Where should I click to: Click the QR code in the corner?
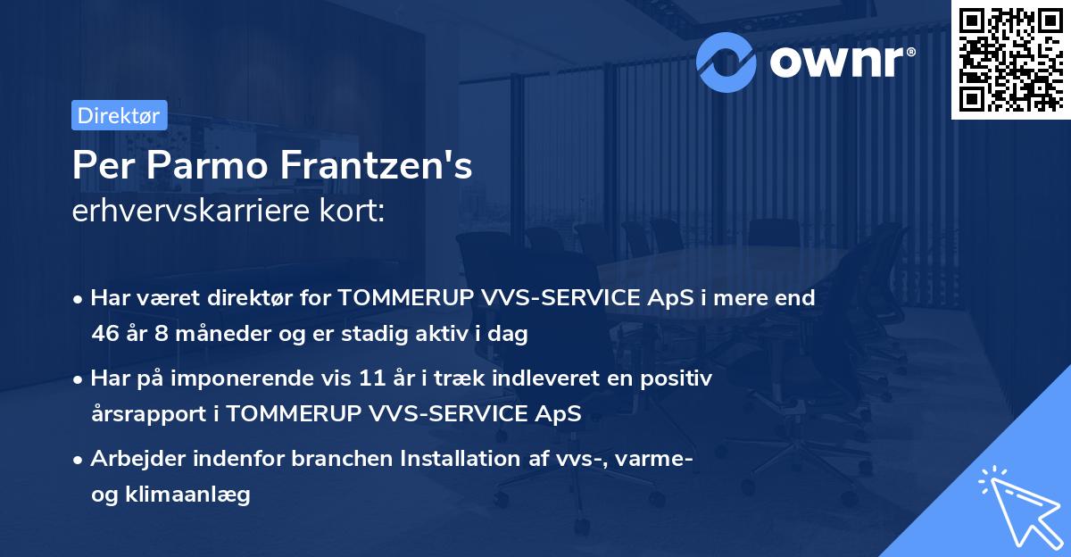click(x=1010, y=59)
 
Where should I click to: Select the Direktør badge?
click(x=119, y=115)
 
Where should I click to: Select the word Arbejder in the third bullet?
click(x=133, y=459)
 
